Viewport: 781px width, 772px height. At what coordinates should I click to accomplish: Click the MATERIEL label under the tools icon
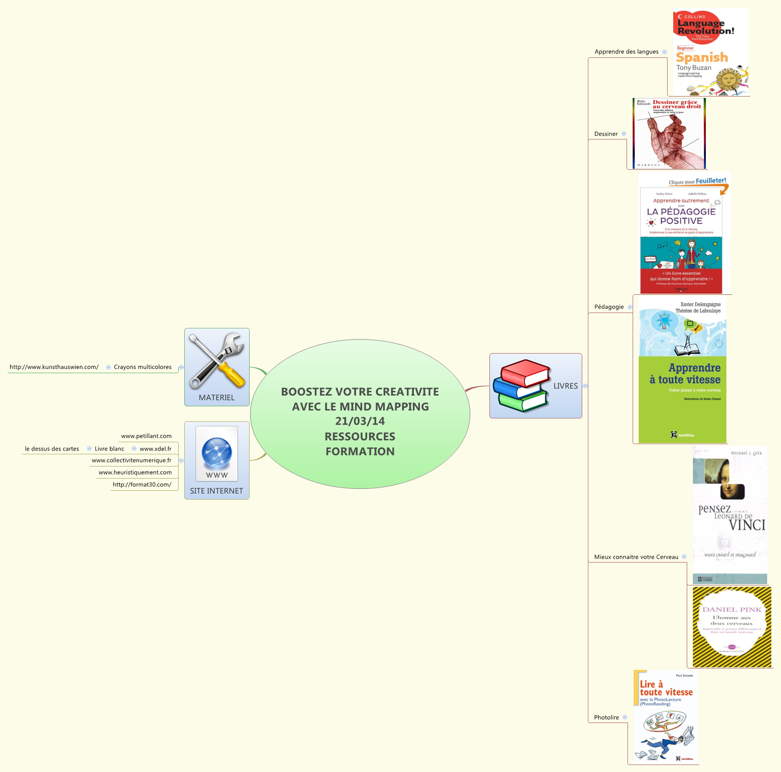[216, 397]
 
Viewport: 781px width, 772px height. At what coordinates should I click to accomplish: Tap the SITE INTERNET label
[216, 491]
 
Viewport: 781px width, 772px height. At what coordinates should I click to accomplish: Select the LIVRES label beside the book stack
[565, 386]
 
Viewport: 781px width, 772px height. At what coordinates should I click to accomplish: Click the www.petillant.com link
[146, 436]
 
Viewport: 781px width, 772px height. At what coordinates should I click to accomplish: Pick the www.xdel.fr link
[155, 449]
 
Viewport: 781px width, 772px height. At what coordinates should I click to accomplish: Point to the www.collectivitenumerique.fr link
[132, 460]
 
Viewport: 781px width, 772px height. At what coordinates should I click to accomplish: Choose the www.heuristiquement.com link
[135, 473]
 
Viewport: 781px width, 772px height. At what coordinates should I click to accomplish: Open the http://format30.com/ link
[142, 485]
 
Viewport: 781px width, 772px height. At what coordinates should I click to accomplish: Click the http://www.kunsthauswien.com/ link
[54, 367]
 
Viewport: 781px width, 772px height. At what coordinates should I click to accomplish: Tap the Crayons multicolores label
[142, 367]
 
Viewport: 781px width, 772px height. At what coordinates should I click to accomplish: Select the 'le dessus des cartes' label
[52, 449]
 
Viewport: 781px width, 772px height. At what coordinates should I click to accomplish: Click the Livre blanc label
[109, 449]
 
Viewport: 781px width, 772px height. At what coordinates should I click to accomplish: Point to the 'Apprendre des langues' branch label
[626, 52]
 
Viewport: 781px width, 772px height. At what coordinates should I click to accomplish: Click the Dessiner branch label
[606, 134]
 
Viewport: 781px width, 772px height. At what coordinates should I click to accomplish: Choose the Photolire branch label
[606, 717]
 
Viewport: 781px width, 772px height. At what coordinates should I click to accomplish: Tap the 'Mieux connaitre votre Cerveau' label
[636, 557]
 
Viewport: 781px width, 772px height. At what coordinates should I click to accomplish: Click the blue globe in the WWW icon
[216, 452]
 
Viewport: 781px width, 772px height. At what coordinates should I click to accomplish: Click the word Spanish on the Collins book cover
[702, 57]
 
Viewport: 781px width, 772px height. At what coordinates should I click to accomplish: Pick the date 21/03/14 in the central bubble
[360, 421]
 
